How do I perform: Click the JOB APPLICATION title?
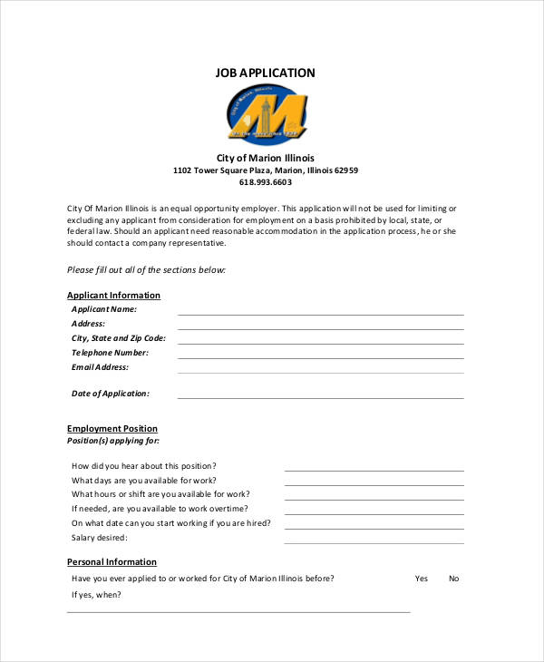(x=266, y=73)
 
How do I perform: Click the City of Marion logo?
(x=266, y=115)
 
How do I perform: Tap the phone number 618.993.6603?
(x=266, y=182)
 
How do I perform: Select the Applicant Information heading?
(x=113, y=295)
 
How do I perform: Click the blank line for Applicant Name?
(x=320, y=314)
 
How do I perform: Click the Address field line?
(x=320, y=328)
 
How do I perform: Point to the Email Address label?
(x=100, y=367)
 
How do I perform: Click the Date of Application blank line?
(x=320, y=397)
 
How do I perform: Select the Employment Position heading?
(x=112, y=428)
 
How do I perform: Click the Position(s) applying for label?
(x=113, y=441)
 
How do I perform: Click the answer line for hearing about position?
(x=374, y=470)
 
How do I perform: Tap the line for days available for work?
(x=374, y=484)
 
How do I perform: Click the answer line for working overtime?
(x=374, y=513)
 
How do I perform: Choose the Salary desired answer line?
(x=374, y=542)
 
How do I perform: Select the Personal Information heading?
(x=112, y=561)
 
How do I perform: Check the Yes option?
(x=422, y=579)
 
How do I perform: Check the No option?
(x=453, y=579)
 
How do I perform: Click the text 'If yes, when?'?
(x=96, y=595)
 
